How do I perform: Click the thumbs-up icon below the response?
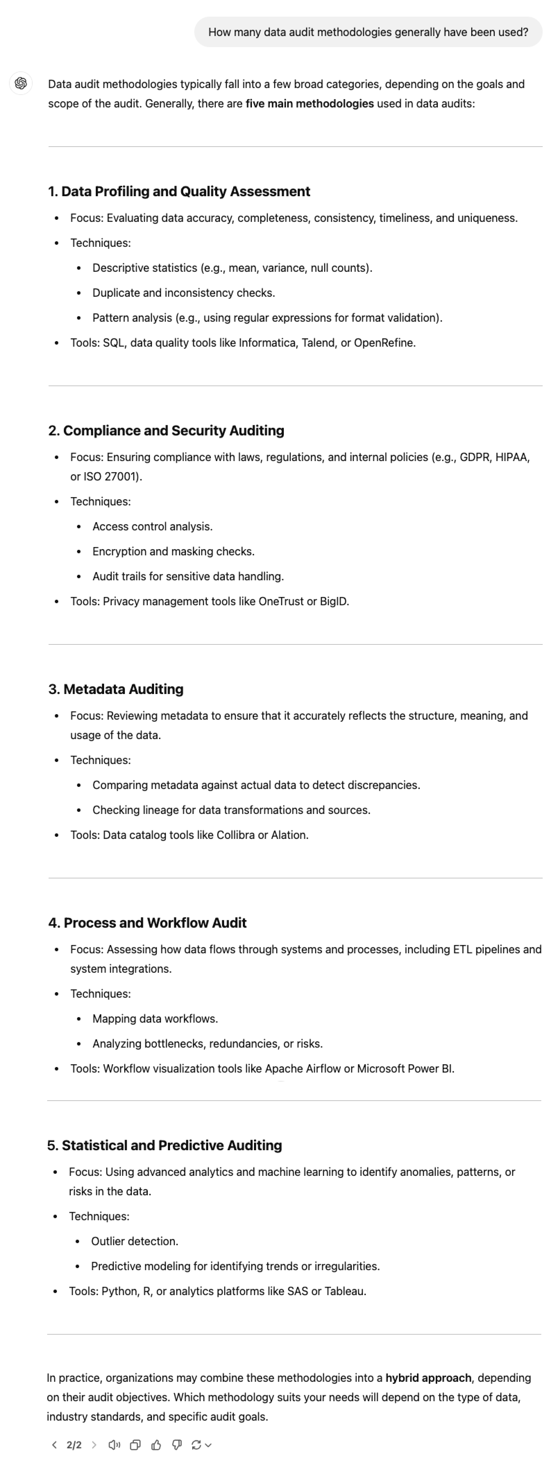[x=156, y=1445]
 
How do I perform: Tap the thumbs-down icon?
[x=177, y=1445]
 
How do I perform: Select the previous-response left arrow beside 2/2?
[x=54, y=1445]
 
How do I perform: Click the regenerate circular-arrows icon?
[x=196, y=1445]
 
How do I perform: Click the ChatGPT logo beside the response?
[x=21, y=84]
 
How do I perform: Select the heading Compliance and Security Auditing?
[x=166, y=430]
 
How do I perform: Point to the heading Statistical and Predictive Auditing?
[x=164, y=1145]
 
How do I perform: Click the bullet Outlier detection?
[x=135, y=1241]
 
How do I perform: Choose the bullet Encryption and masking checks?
[x=173, y=552]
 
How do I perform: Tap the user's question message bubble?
[x=368, y=32]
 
